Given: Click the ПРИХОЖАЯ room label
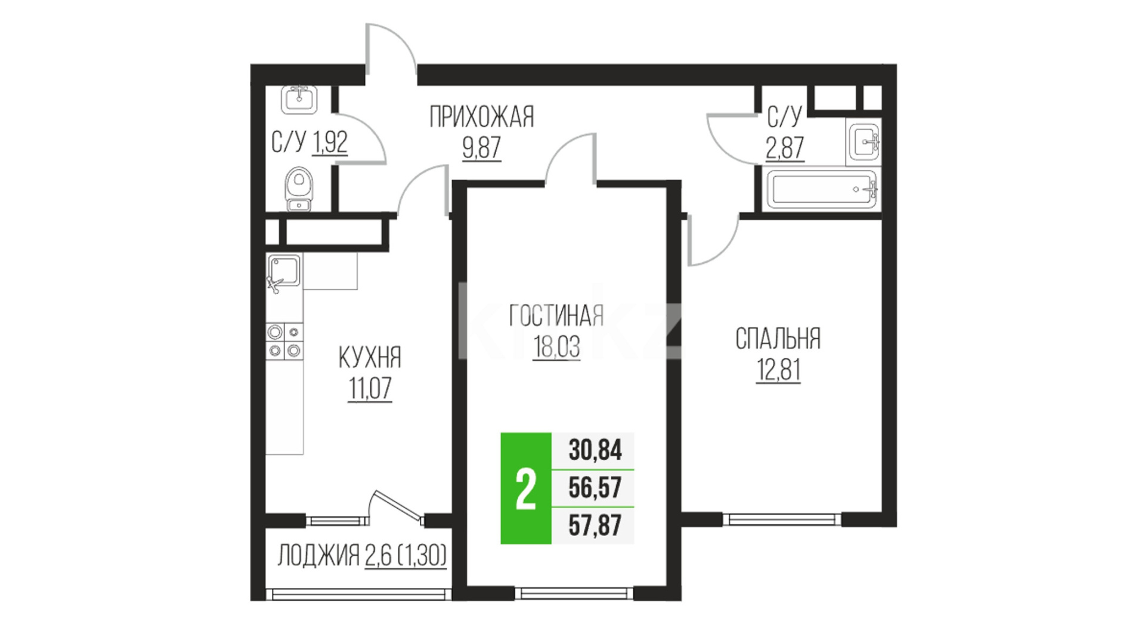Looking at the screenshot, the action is (482, 117).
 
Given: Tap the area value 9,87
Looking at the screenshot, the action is (482, 147).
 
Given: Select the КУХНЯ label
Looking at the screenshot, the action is (370, 358).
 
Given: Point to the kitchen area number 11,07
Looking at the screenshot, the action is (370, 389).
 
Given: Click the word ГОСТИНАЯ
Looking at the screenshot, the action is (556, 315).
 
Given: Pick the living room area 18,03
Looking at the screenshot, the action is (556, 346).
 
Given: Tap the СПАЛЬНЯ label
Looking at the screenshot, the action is (778, 339).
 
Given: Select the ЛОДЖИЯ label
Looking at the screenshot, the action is (318, 556).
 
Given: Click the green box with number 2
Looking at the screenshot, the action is (526, 488).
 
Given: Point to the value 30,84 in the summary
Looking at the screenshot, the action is (595, 450).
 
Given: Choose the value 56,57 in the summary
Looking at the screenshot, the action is (595, 488).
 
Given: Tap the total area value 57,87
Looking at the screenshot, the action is (595, 525).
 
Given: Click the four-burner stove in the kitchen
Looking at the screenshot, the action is (284, 341).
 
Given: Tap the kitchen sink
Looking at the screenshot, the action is (284, 271).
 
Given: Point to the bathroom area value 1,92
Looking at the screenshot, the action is (329, 143).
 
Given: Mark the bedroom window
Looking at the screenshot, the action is (782, 519).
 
